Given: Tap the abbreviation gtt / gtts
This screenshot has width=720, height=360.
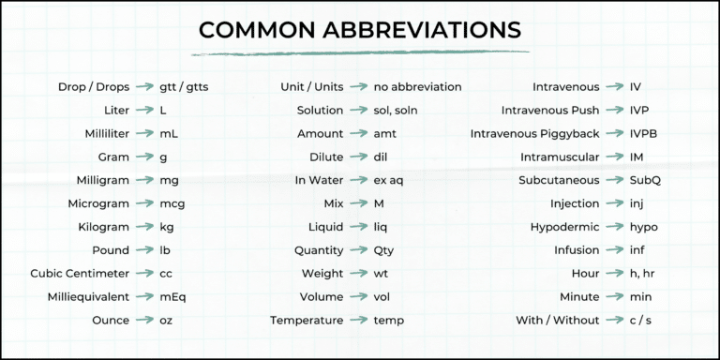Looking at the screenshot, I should (x=184, y=87).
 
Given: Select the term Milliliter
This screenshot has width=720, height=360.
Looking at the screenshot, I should (x=107, y=134).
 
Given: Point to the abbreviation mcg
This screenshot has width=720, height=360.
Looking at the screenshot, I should (x=172, y=204).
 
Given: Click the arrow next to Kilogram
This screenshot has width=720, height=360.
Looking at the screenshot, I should (x=144, y=228).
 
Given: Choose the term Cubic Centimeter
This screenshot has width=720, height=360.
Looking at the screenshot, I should (x=80, y=275).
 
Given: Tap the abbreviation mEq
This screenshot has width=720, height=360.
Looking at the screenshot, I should (x=172, y=298).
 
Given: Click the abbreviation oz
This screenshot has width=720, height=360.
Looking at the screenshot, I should (x=166, y=322).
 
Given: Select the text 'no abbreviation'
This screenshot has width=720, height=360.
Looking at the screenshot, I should (x=417, y=87).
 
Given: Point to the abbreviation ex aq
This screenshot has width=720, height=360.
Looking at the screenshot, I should (x=390, y=181).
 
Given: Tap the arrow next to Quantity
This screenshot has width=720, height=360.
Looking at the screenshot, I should (x=358, y=251).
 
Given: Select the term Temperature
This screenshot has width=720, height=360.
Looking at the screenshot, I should (x=307, y=322).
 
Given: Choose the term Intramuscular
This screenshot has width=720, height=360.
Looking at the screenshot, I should (x=560, y=157).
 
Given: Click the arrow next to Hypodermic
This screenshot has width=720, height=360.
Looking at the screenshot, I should (x=615, y=228).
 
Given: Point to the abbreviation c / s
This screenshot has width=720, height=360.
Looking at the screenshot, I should (x=642, y=322).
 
